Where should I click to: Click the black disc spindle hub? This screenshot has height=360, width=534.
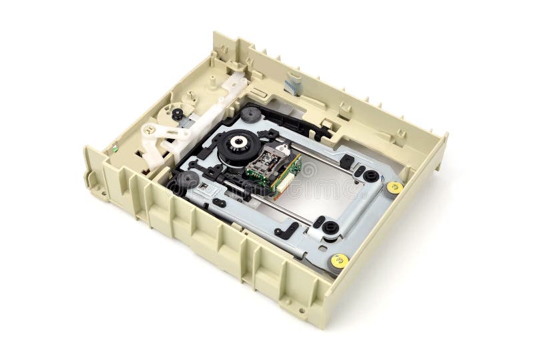[x=237, y=144]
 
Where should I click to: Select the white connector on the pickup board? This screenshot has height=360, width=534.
[x=288, y=175]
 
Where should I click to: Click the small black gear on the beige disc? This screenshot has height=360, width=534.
[x=177, y=114]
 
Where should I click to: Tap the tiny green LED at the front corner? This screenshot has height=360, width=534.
[x=114, y=148]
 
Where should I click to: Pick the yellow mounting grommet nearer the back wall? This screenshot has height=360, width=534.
[x=394, y=187]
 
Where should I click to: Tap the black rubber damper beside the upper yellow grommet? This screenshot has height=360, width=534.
[x=371, y=176]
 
